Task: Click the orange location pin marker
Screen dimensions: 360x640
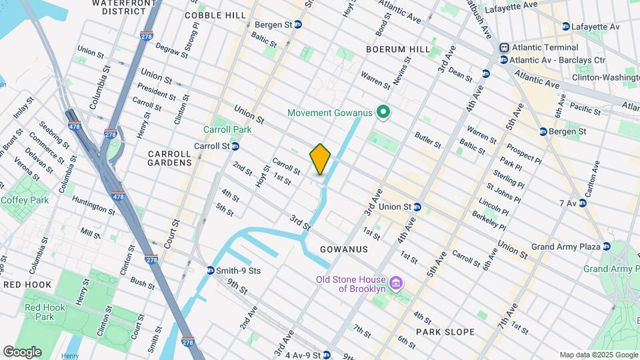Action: (x=320, y=159)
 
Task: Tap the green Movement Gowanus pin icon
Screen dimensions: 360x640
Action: (x=383, y=113)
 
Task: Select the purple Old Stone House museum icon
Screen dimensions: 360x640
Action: (x=395, y=283)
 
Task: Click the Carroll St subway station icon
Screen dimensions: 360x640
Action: (x=235, y=146)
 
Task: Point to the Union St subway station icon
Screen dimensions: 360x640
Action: (x=417, y=207)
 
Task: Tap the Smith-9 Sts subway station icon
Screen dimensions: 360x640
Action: (x=210, y=271)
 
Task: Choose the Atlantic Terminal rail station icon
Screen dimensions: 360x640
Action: (x=504, y=48)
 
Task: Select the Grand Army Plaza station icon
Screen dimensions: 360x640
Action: (x=607, y=247)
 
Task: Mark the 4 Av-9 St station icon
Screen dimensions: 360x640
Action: (x=326, y=355)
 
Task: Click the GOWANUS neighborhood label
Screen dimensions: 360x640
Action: (x=343, y=249)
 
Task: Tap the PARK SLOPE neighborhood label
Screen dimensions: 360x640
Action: (x=445, y=331)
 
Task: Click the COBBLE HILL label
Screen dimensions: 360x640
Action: (x=210, y=15)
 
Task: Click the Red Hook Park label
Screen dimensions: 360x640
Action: (x=40, y=312)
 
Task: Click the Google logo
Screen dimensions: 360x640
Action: (x=22, y=351)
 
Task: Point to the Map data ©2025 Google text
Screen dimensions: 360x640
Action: (x=598, y=355)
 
